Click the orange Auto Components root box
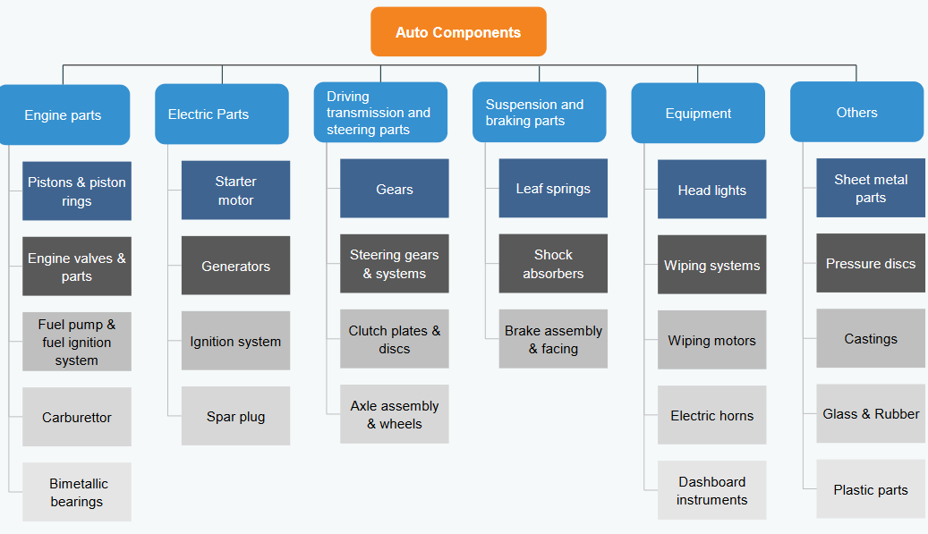click(458, 32)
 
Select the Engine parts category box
click(64, 114)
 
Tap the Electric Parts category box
click(221, 114)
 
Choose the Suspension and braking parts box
click(539, 113)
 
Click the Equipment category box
click(698, 113)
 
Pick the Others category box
click(856, 112)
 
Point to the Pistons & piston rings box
click(77, 191)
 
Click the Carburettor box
click(77, 417)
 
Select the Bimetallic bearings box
click(77, 492)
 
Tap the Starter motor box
click(235, 190)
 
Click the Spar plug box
click(235, 416)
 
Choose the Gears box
click(395, 189)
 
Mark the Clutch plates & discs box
click(395, 339)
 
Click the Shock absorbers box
click(553, 263)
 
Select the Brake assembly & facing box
click(553, 339)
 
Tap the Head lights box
click(711, 190)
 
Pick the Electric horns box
click(711, 415)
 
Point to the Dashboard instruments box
click(711, 490)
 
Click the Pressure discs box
click(871, 263)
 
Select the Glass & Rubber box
click(871, 413)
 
